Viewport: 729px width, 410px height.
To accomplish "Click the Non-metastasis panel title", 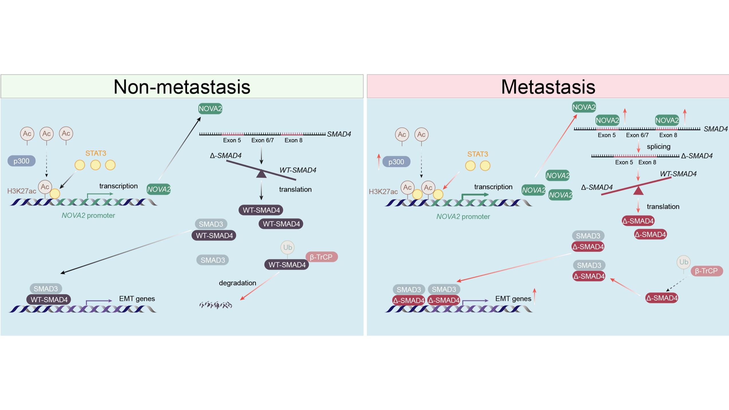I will coord(182,87).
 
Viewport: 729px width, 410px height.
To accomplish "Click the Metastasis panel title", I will coord(548,87).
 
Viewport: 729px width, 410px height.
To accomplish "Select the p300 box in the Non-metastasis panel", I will coord(21,161).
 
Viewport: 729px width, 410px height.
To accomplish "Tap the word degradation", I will coord(237,283).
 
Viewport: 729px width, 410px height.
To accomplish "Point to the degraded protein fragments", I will coord(216,305).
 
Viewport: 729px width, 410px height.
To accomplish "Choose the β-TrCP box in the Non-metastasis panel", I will coord(321,257).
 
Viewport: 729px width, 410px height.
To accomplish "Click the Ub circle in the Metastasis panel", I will coord(683,262).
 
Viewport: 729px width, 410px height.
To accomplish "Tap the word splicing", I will coord(658,147).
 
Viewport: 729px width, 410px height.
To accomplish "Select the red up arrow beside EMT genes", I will coord(534,296).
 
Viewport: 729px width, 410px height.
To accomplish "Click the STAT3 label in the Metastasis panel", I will coord(477,154).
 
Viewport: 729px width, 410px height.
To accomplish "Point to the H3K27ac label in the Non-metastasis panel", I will coord(22,191).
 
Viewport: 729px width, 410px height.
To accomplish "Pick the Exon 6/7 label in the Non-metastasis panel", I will coord(262,140).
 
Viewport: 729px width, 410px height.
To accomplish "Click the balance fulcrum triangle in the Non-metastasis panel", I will coord(261,174).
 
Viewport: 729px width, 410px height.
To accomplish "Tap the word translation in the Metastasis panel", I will coord(663,206).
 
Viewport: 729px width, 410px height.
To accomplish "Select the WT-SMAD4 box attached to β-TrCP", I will coord(287,265).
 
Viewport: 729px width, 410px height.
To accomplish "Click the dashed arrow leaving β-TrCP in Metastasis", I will coord(677,283).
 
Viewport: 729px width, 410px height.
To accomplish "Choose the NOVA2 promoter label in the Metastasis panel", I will coord(463,216).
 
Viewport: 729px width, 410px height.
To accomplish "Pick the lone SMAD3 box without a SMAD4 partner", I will coord(212,260).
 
